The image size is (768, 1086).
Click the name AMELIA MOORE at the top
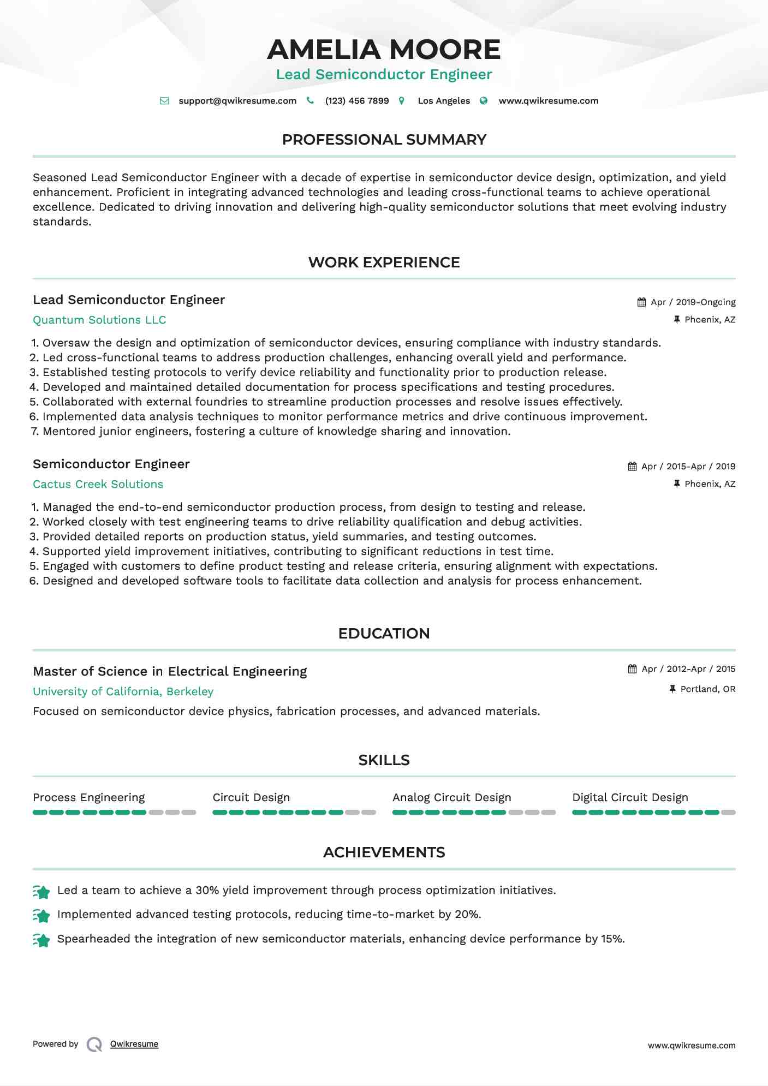[383, 50]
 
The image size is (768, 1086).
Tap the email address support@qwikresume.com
[237, 101]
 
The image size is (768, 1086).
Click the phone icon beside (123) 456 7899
[310, 100]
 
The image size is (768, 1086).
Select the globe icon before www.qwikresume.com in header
[484, 100]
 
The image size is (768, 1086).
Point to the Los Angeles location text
[443, 101]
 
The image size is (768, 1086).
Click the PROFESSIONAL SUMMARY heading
[384, 140]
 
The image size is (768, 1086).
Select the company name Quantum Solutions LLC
[99, 320]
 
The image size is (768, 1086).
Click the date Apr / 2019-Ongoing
[693, 302]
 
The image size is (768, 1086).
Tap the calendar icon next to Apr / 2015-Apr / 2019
[632, 467]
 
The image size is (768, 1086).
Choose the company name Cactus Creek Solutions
[98, 484]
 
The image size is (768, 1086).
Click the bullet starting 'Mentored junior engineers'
[276, 432]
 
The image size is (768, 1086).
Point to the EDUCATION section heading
[384, 634]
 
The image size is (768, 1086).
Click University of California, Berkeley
[123, 691]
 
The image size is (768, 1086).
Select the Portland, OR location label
[707, 689]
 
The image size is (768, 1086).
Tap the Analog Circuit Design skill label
[451, 797]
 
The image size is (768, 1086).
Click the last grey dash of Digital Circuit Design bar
[728, 813]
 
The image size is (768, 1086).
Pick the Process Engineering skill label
[88, 797]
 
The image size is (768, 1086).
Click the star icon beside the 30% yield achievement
[41, 892]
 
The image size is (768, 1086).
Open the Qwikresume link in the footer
[134, 1044]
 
